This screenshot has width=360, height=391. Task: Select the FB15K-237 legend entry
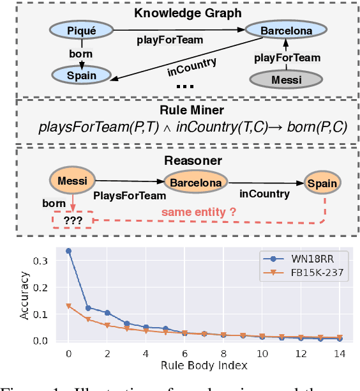tap(300, 273)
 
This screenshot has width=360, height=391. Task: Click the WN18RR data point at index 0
tap(68, 251)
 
